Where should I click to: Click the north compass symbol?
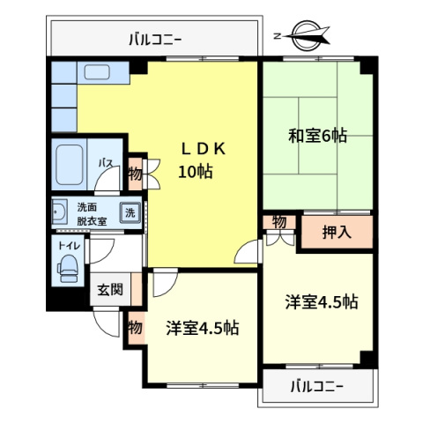tap(304, 36)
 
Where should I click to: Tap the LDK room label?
tap(204, 149)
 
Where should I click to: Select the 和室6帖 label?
tap(317, 136)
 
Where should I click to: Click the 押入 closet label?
tap(337, 232)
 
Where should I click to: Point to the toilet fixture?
tap(68, 269)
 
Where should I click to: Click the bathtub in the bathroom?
tap(70, 165)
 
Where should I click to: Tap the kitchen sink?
tap(97, 72)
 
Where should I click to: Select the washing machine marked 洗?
tap(130, 212)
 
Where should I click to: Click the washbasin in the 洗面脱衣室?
tap(60, 211)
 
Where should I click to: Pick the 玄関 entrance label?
tap(110, 290)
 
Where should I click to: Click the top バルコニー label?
tap(155, 39)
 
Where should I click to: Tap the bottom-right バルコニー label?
tap(316, 387)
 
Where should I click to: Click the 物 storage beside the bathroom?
tap(135, 174)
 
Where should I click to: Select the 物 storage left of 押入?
tap(279, 222)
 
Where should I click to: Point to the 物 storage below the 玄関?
tap(135, 327)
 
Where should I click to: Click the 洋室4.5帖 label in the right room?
tap(322, 301)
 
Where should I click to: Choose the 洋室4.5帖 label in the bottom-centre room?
tap(203, 328)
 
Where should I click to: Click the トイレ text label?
tap(69, 246)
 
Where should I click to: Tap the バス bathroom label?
tap(106, 163)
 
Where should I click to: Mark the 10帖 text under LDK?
tap(196, 172)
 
